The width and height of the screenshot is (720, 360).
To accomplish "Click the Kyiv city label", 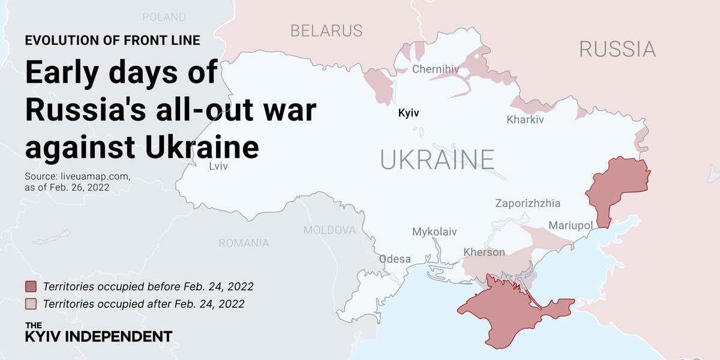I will click(x=409, y=113).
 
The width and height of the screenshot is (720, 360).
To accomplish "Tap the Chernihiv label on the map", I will click(x=435, y=70).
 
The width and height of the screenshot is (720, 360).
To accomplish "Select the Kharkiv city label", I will click(x=525, y=119).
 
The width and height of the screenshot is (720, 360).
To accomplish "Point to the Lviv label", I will click(x=218, y=166).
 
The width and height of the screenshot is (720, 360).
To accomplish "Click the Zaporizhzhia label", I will click(x=527, y=203).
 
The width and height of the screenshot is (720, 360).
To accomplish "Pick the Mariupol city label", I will click(x=571, y=226).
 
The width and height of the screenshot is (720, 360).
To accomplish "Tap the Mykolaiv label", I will click(x=434, y=232).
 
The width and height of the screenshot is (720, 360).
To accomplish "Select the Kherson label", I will click(x=484, y=252).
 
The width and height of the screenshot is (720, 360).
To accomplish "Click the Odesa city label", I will click(x=395, y=259).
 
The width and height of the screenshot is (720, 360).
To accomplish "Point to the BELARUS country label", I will click(x=326, y=31).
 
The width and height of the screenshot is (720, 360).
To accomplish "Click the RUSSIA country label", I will click(x=617, y=49).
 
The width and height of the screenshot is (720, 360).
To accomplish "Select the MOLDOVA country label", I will click(x=329, y=230).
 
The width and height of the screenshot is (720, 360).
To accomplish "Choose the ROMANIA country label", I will click(x=244, y=243).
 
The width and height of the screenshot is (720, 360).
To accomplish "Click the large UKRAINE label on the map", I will click(x=437, y=160).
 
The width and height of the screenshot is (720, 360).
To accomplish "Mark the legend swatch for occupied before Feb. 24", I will click(x=31, y=286).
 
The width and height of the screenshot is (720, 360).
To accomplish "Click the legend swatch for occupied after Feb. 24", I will click(x=31, y=304).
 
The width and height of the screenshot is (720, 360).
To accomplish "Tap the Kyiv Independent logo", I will click(x=98, y=332).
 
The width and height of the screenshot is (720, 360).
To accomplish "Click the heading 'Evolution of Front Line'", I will click(x=112, y=41).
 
